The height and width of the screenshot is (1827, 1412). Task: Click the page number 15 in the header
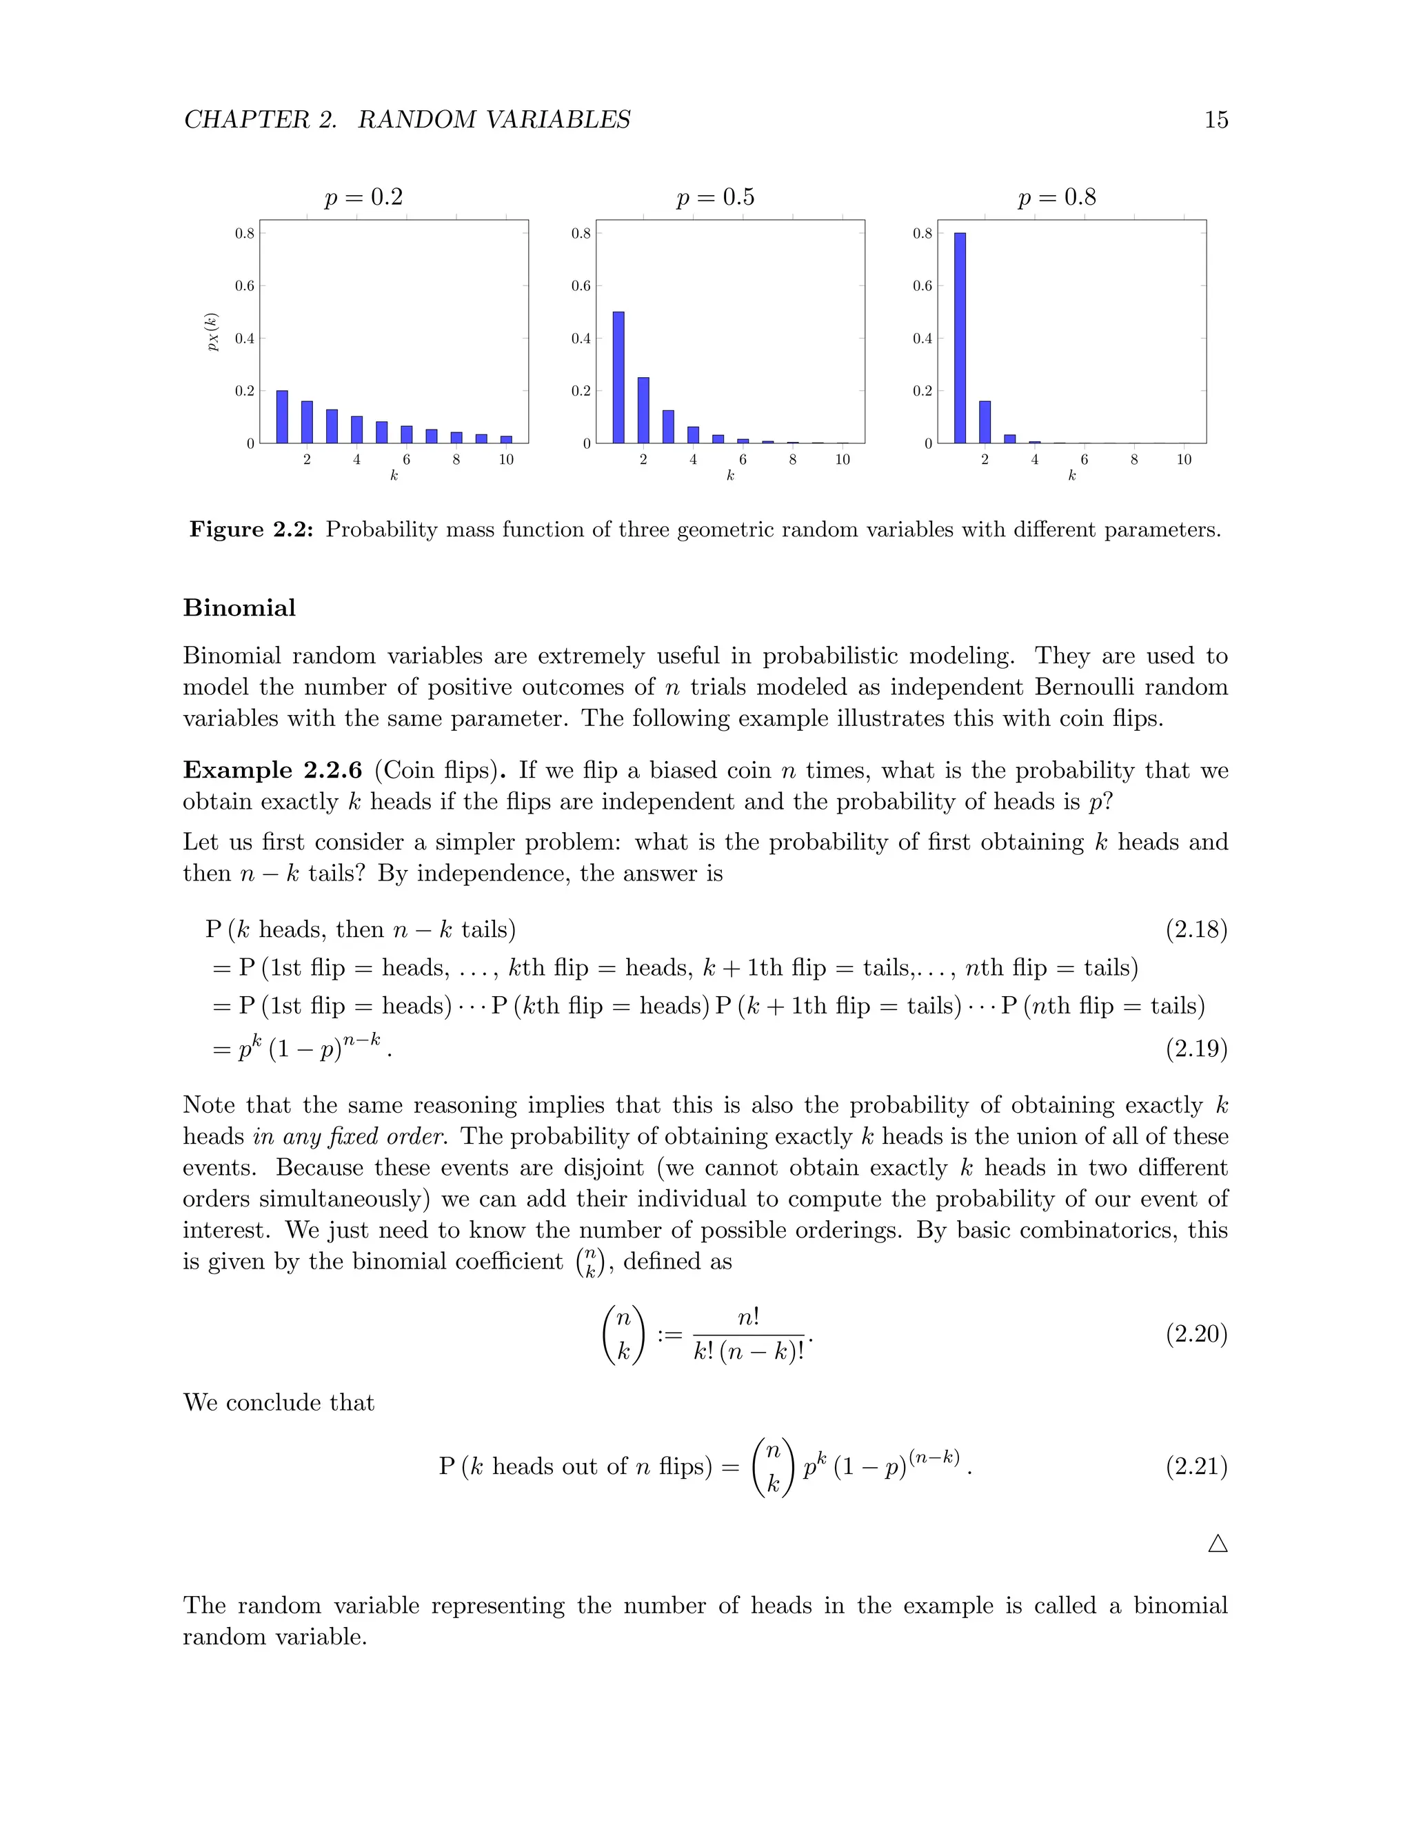tap(1216, 120)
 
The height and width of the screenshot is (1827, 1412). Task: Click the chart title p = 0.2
tap(364, 197)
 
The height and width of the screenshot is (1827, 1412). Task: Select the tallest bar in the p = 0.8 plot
tap(960, 338)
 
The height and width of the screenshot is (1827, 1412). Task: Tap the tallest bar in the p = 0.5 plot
tap(618, 377)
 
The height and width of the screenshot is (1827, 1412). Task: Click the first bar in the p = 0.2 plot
tap(282, 416)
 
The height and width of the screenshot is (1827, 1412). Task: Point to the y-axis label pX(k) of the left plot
tap(212, 332)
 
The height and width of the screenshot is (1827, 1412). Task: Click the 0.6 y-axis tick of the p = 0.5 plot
tap(581, 286)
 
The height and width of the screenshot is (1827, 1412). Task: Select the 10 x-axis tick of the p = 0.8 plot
tap(1184, 460)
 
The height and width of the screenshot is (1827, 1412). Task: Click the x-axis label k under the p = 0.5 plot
tap(729, 476)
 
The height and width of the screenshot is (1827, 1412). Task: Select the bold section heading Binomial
tap(239, 607)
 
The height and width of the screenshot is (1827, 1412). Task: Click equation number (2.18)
tap(1196, 929)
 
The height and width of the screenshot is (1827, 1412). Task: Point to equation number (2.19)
tap(1196, 1049)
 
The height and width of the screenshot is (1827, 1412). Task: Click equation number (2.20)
tap(1196, 1333)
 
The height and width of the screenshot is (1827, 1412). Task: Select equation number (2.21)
tap(1196, 1466)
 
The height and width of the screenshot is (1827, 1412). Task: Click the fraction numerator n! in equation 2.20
tap(749, 1318)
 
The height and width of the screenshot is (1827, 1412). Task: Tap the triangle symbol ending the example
tap(1217, 1544)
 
